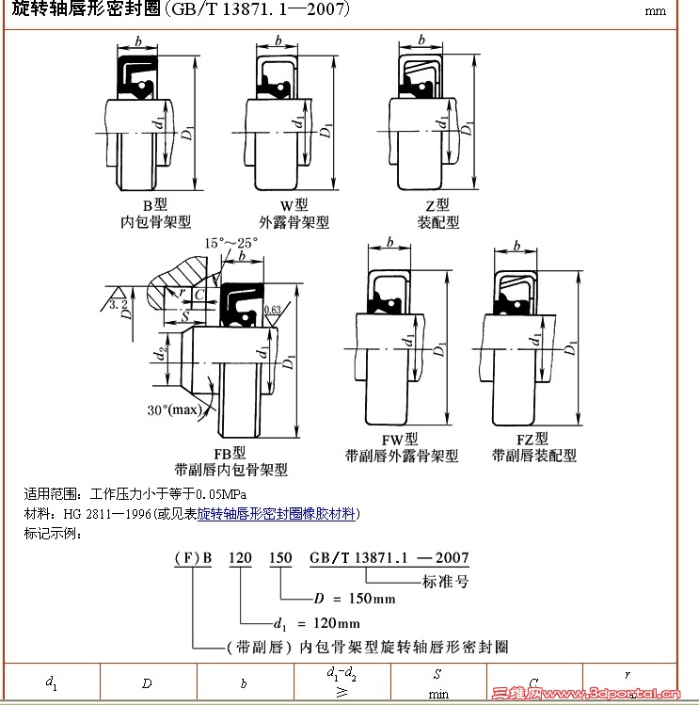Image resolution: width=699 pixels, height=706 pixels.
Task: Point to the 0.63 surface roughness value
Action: [x=273, y=309]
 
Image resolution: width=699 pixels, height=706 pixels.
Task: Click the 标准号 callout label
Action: [x=445, y=581]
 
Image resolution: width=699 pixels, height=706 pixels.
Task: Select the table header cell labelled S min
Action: [x=438, y=684]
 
